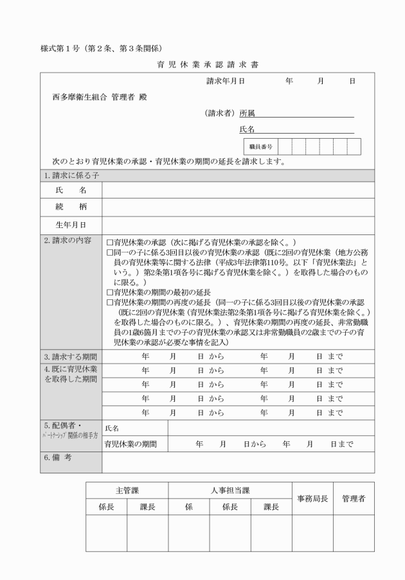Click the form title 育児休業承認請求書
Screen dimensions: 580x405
click(203, 65)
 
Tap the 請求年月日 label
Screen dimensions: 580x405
click(225, 82)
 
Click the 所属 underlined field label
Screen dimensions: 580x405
click(247, 114)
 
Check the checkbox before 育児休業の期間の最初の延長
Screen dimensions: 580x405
click(109, 292)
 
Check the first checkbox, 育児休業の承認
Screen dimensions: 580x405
click(109, 243)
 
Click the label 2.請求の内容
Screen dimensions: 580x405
click(68, 242)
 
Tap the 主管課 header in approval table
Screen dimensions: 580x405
click(127, 490)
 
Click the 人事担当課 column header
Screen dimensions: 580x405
click(230, 490)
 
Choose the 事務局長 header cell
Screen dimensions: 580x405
click(312, 498)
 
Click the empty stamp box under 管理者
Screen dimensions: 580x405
click(353, 533)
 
